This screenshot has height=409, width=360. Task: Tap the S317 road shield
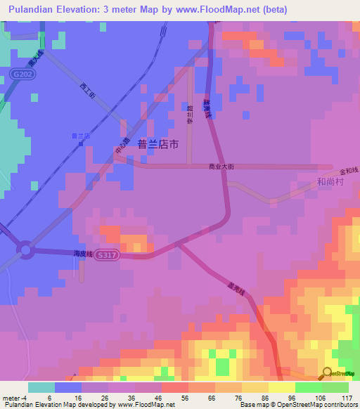pyautogui.click(x=124, y=255)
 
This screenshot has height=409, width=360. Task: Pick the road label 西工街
pyautogui.click(x=87, y=89)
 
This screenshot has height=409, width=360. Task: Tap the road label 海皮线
pyautogui.click(x=84, y=254)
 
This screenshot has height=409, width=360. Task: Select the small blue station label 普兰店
pyautogui.click(x=81, y=136)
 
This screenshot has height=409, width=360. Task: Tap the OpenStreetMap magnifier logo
pyautogui.click(x=327, y=373)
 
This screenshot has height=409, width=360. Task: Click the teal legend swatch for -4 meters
pyautogui.click(x=41, y=387)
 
